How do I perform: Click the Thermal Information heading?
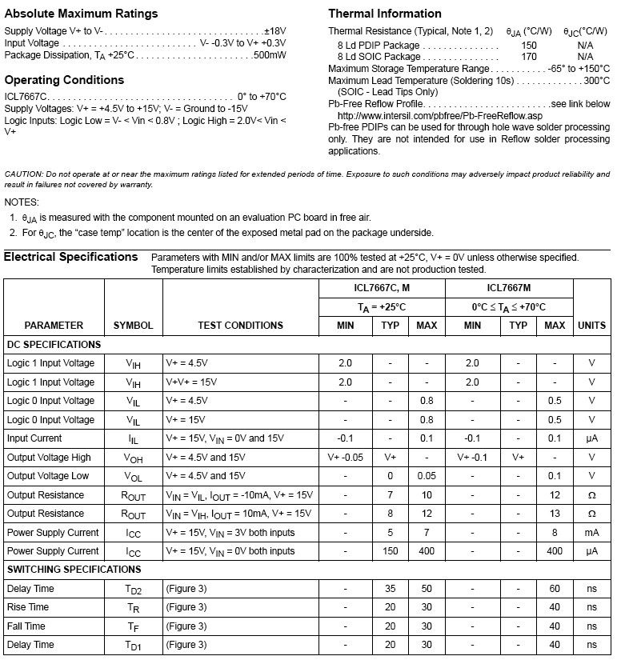click(x=385, y=14)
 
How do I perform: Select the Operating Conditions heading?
click(x=64, y=80)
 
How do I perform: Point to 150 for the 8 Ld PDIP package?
click(x=529, y=46)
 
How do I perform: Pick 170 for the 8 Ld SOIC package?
click(x=529, y=57)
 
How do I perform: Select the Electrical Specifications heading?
click(x=71, y=257)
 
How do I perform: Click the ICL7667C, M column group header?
click(x=382, y=288)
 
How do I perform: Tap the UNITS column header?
click(x=591, y=326)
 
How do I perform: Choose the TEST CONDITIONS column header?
click(x=240, y=326)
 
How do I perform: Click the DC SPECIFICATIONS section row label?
click(x=54, y=345)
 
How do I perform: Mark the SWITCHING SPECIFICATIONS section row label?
click(x=74, y=570)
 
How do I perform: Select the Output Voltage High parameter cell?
click(x=49, y=458)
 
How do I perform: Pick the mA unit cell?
click(x=591, y=533)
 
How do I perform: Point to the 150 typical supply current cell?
click(x=390, y=551)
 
